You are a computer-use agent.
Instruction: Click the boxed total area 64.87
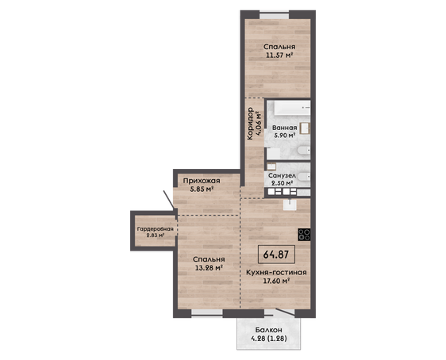(275, 255)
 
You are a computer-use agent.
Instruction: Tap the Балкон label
(268, 330)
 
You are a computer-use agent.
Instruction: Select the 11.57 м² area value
(279, 56)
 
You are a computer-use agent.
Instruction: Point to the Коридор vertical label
(250, 124)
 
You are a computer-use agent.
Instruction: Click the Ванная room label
(284, 128)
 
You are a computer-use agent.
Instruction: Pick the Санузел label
(282, 175)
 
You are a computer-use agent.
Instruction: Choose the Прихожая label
(202, 181)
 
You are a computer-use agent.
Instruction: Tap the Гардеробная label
(155, 229)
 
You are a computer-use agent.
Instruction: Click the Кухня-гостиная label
(276, 273)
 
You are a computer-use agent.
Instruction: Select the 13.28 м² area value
(209, 267)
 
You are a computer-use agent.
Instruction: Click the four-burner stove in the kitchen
(304, 235)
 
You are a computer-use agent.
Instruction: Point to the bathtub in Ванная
(292, 108)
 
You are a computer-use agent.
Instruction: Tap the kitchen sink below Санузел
(290, 205)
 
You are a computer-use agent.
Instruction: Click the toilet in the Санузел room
(304, 177)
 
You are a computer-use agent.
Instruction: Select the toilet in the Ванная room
(303, 151)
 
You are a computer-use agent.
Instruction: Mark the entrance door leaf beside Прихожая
(168, 200)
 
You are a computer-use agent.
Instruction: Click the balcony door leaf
(285, 312)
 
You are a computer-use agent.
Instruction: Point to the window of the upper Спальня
(275, 15)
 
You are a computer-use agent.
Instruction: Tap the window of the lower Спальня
(207, 313)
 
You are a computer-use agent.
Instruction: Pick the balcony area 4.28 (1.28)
(268, 339)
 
